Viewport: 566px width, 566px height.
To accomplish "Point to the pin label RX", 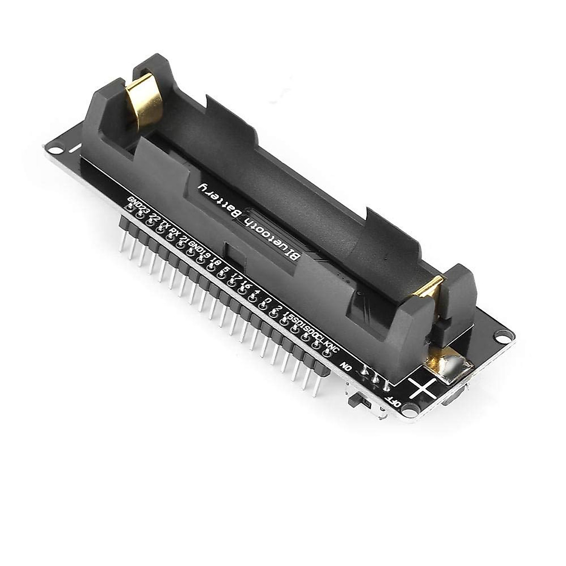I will [175, 230].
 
